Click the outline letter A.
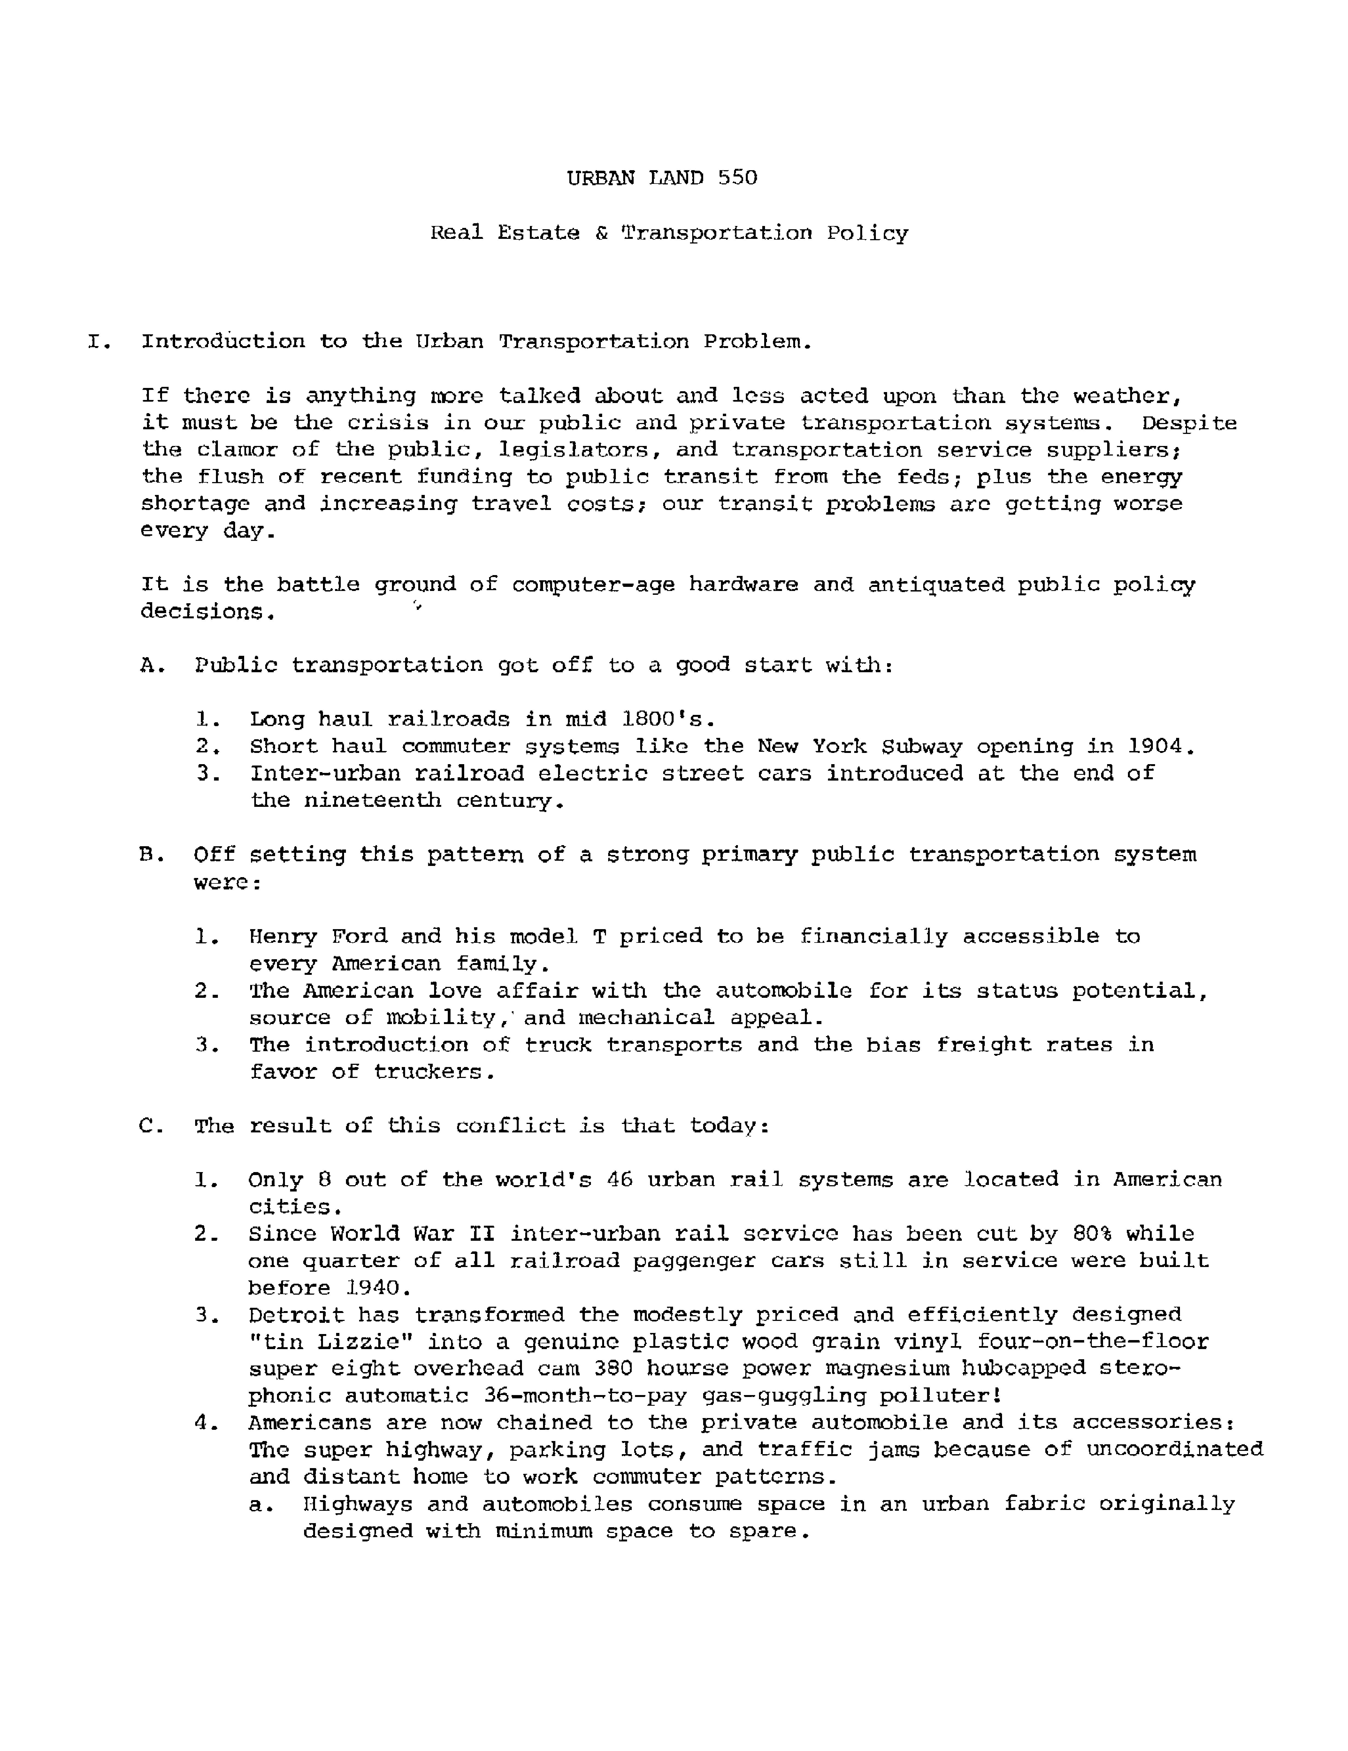point(151,665)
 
